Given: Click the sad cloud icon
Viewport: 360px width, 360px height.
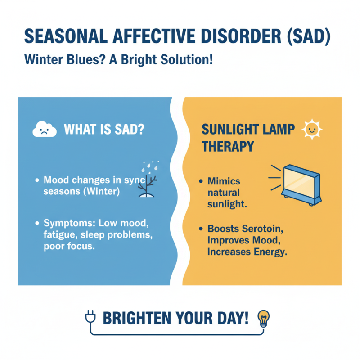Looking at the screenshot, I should pyautogui.click(x=45, y=130).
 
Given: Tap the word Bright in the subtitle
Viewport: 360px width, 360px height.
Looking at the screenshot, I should pyautogui.click(x=149, y=60).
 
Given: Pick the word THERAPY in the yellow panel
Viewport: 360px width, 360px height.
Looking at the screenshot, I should pyautogui.click(x=228, y=147).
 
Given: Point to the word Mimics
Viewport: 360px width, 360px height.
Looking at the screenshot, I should pyautogui.click(x=224, y=181).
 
